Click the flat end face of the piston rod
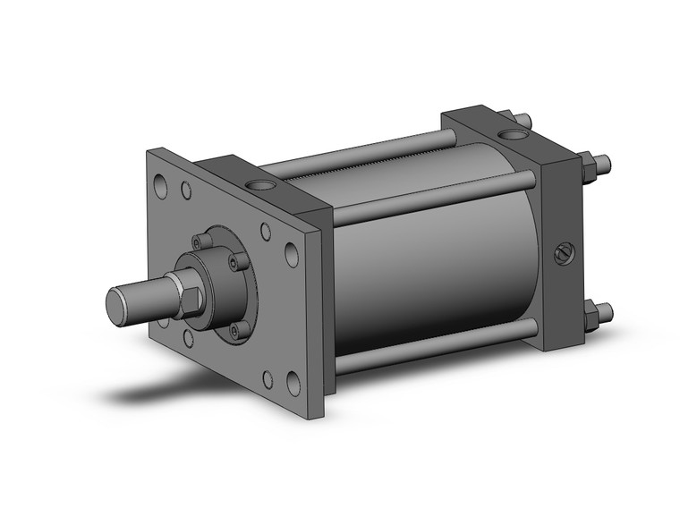point(117,304)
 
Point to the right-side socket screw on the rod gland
point(236,261)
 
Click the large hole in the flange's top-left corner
point(160,189)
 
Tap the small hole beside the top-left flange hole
point(185,191)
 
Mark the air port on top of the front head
point(261,185)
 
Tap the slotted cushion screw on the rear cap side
point(561,253)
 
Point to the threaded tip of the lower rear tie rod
point(606,312)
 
